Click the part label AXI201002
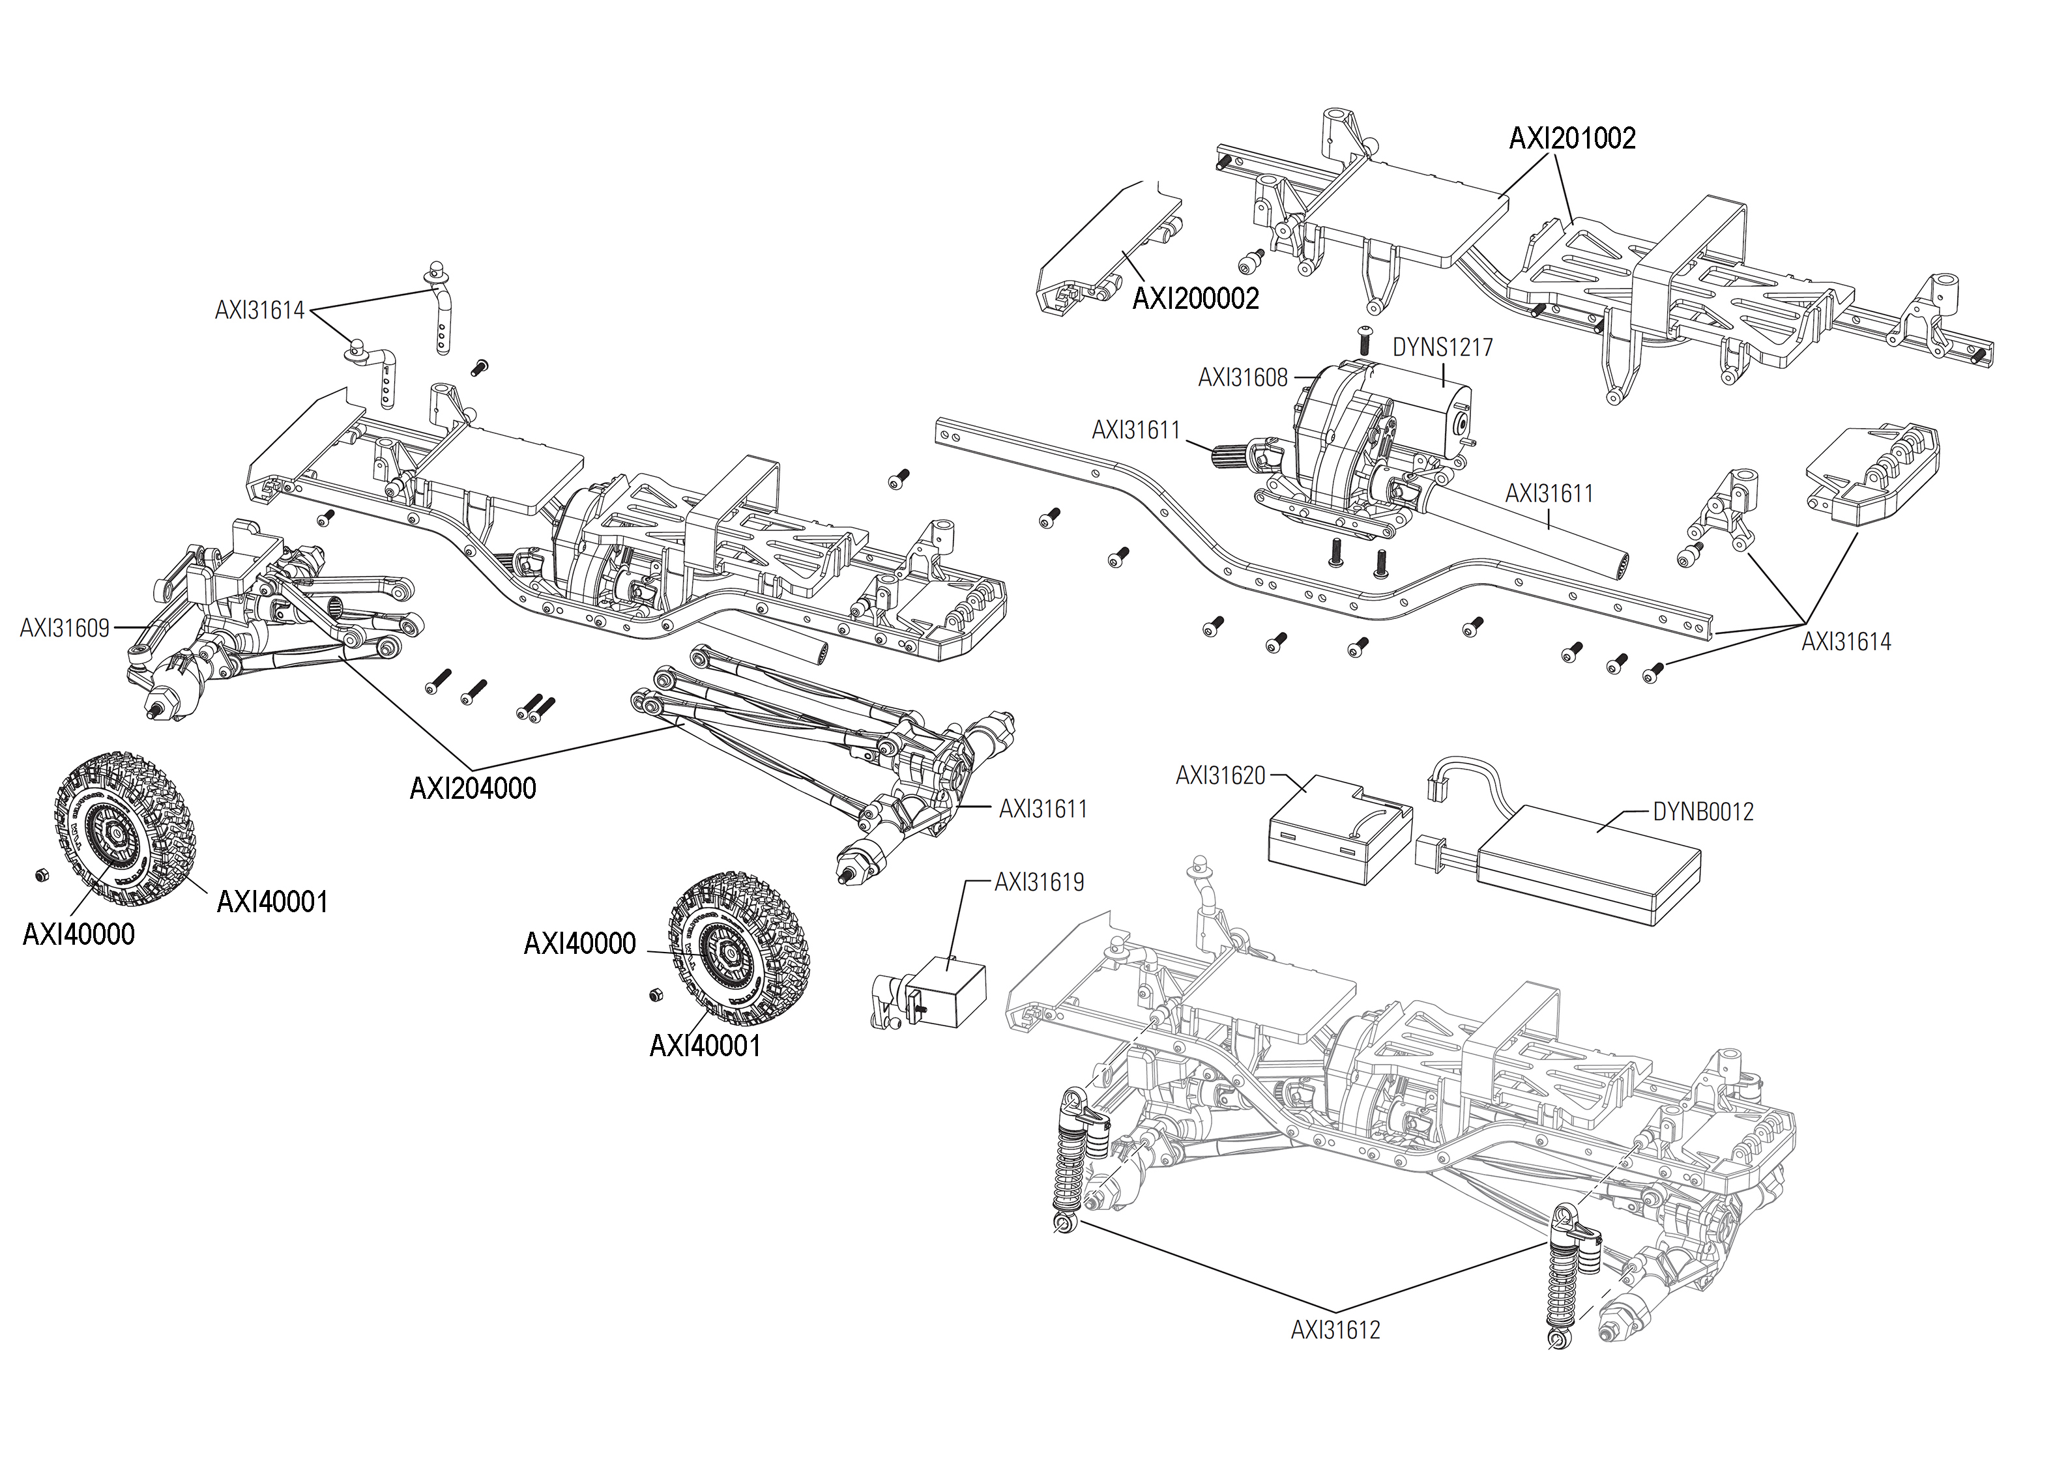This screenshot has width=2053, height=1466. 1572,138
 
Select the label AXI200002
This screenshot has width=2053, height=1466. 1195,299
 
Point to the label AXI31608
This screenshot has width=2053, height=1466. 1242,379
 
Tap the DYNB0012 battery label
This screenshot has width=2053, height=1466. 1703,812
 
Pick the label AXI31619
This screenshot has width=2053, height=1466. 1038,882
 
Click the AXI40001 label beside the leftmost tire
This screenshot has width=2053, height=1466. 272,902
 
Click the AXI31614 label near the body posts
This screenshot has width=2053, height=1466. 259,311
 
